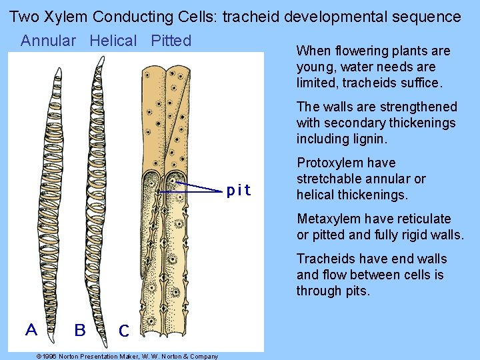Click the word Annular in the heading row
coord(48,41)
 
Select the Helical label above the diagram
coord(113,41)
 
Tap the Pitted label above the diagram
coord(171,41)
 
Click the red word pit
coord(239,191)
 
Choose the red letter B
coord(80,329)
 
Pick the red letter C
coord(123,330)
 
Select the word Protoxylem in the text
coord(327,163)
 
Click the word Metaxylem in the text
coord(327,219)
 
